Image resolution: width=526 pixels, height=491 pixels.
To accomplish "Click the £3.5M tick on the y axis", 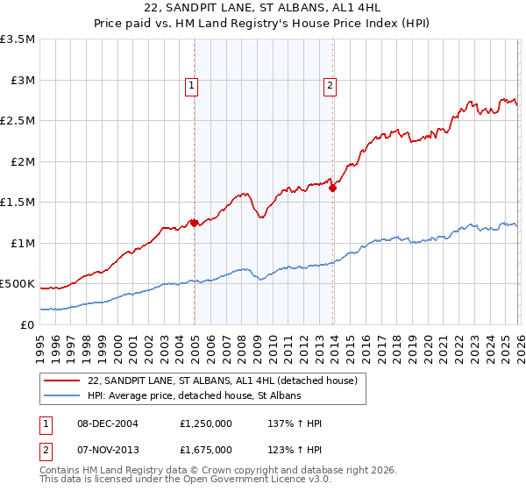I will point(18,39).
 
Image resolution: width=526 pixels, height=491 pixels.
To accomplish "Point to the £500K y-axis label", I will point(18,284).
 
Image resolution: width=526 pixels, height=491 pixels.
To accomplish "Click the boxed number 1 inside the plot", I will point(191,85).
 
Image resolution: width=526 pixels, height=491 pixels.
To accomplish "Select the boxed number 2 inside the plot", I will point(330,85).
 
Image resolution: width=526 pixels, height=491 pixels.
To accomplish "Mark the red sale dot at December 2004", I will point(194,223).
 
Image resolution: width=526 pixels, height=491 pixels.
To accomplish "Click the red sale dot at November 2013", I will point(332,188).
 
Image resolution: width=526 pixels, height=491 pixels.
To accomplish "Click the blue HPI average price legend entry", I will point(194,396).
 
